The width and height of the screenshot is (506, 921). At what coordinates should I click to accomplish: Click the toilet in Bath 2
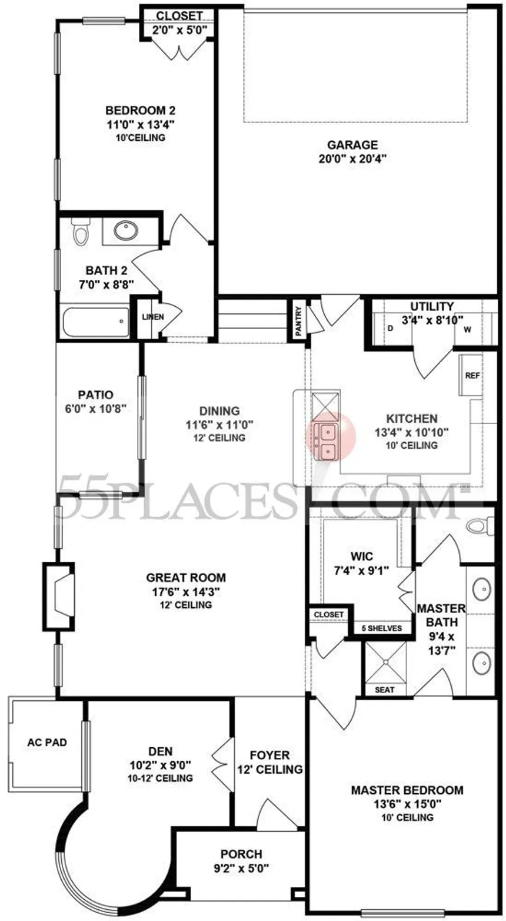[x=81, y=231]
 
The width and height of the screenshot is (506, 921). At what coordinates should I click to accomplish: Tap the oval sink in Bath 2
[x=126, y=231]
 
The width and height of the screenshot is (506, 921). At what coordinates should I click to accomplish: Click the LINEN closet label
[x=153, y=317]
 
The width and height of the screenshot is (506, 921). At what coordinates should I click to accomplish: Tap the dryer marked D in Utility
[x=390, y=329]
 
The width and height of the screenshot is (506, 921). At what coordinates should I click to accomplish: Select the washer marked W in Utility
[x=467, y=329]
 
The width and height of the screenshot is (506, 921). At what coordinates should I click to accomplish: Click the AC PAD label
[x=47, y=743]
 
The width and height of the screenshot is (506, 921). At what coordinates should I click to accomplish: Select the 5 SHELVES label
[x=381, y=628]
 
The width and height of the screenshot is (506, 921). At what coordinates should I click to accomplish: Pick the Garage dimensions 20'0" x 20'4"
[x=353, y=159]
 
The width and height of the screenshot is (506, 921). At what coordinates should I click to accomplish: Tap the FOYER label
[x=270, y=756]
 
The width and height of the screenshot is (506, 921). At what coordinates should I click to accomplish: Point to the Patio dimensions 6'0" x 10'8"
[x=96, y=408]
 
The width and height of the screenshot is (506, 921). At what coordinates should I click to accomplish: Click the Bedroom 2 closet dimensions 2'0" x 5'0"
[x=179, y=29]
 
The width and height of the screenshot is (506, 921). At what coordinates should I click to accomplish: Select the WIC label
[x=362, y=556]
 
